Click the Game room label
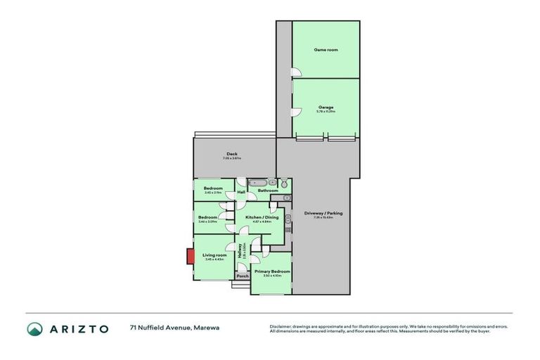(326, 50)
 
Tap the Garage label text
(326, 107)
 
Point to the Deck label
(232, 154)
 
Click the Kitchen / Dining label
(262, 217)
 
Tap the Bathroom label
(268, 191)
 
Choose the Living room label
(214, 255)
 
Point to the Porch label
(243, 276)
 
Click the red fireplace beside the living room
(190, 257)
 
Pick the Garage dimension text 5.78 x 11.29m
(326, 112)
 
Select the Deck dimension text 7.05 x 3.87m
(232, 158)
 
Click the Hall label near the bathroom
(241, 192)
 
